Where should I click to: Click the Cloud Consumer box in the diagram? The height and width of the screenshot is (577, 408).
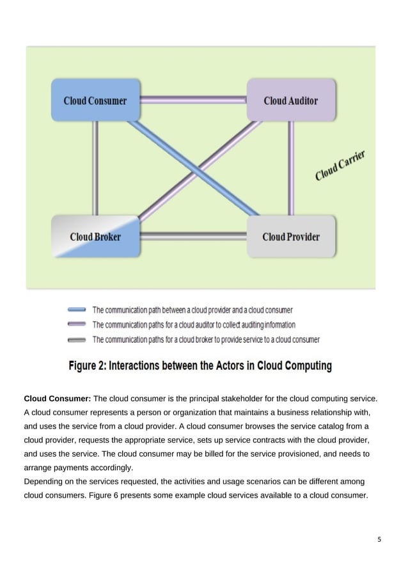[95, 100]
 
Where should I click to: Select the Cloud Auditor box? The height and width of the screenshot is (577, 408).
[291, 100]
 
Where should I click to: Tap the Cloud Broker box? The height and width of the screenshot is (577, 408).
[95, 236]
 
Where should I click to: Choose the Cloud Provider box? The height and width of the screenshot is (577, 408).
[291, 236]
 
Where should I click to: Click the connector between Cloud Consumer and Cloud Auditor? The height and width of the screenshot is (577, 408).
[193, 100]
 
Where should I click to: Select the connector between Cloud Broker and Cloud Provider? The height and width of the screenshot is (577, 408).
[193, 236]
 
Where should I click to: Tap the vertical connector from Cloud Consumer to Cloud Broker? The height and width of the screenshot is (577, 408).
[95, 168]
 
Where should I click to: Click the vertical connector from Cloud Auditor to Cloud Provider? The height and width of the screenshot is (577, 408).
[290, 168]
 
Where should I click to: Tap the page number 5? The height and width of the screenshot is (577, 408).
[379, 539]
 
